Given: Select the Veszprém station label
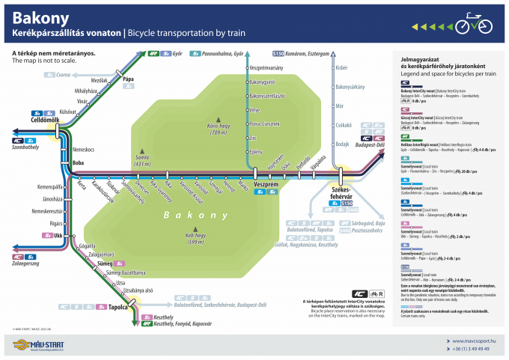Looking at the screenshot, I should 266,183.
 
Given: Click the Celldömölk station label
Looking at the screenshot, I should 34,120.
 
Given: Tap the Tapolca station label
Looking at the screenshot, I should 119,306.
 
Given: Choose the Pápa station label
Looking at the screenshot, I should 128,79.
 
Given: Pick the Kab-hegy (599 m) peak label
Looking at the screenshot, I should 195,238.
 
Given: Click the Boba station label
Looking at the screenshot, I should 79,162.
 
